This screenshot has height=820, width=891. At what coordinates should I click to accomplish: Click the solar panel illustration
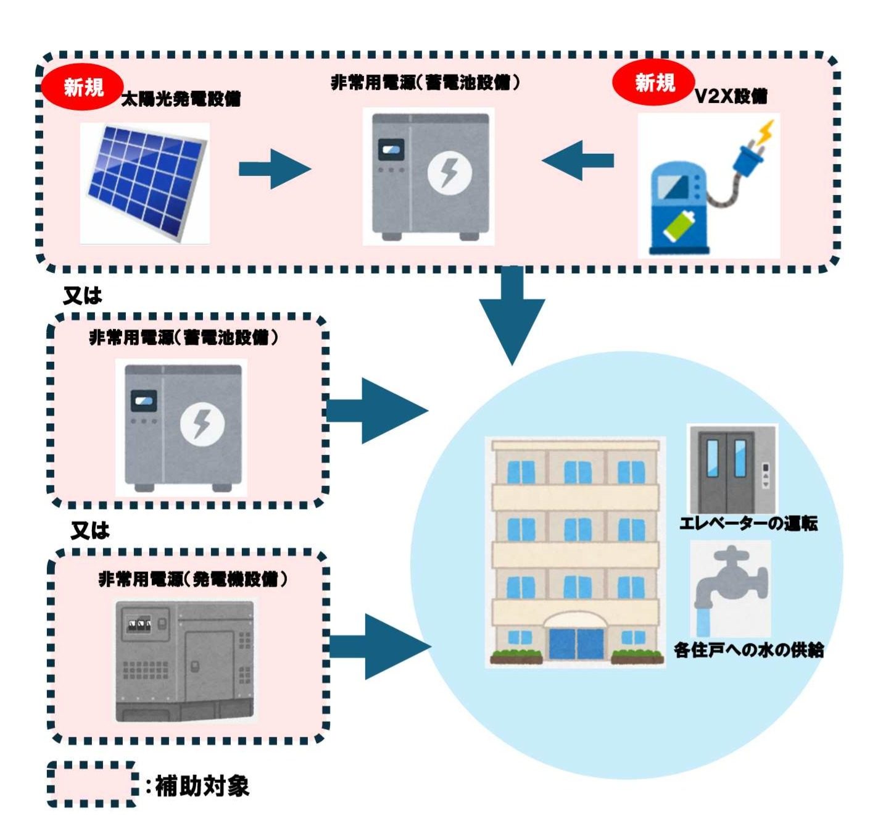pos(146,182)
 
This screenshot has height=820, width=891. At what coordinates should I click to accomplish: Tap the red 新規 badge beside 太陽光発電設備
pos(83,87)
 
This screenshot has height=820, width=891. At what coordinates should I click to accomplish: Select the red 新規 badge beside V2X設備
pos(654,82)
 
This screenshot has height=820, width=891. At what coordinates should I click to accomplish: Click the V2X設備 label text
pos(731,96)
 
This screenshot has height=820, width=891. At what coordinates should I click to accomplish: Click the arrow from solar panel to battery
pos(273,168)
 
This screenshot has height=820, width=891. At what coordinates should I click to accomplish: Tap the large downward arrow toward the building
pos(512,315)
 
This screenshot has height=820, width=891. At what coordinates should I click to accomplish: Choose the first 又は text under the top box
pos(83,296)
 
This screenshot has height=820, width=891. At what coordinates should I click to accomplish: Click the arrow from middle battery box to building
pos(376,410)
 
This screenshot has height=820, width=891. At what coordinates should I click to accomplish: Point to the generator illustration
pos(184,661)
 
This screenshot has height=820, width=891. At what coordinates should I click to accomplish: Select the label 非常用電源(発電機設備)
pos(193,579)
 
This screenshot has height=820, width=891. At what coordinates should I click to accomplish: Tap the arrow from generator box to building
pos(379,646)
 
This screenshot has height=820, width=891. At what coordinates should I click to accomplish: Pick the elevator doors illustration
pos(732,469)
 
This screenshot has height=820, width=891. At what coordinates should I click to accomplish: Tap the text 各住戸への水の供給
pos(748,650)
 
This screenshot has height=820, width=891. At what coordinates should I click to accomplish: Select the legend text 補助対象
pos(201,786)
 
